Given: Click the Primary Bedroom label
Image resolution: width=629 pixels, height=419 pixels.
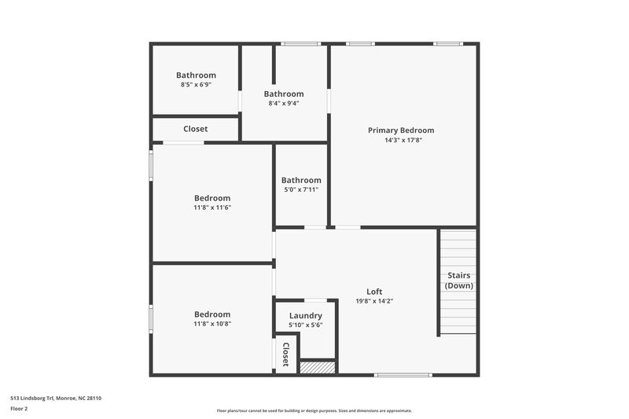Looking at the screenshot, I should point(401,130).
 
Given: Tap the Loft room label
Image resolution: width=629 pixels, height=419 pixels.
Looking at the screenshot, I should point(374,291).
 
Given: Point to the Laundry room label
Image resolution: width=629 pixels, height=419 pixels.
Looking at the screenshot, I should point(305,315).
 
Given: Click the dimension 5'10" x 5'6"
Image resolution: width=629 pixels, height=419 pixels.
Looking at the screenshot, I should point(305,325).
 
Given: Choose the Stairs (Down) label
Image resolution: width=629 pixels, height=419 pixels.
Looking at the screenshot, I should point(458,281).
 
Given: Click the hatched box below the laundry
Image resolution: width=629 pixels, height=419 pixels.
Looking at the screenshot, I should point(318,367).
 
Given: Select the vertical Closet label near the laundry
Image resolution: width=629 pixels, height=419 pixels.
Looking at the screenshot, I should point(286,355).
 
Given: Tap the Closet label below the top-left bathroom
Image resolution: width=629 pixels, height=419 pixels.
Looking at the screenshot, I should point(195,129).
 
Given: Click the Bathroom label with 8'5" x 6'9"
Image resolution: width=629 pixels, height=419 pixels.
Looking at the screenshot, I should point(196,75).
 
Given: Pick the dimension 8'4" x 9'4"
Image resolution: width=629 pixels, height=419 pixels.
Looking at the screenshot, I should point(283,103).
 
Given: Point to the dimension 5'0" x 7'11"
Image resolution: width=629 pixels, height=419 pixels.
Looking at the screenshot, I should point(301,189).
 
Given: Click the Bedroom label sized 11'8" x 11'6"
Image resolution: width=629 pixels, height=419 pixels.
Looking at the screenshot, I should point(212,198).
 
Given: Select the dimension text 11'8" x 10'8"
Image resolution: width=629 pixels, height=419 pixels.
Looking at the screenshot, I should point(212,324).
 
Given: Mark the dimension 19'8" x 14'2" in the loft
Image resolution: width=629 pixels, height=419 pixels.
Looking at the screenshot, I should point(374,300).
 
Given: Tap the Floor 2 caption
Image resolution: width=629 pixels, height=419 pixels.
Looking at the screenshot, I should point(19,409).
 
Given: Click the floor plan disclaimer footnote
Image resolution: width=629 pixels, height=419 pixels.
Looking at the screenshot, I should point(314,410).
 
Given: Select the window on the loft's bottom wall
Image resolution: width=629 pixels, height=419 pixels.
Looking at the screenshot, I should point(403,375).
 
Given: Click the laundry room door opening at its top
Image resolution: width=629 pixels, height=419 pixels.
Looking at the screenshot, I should point(316,300).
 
